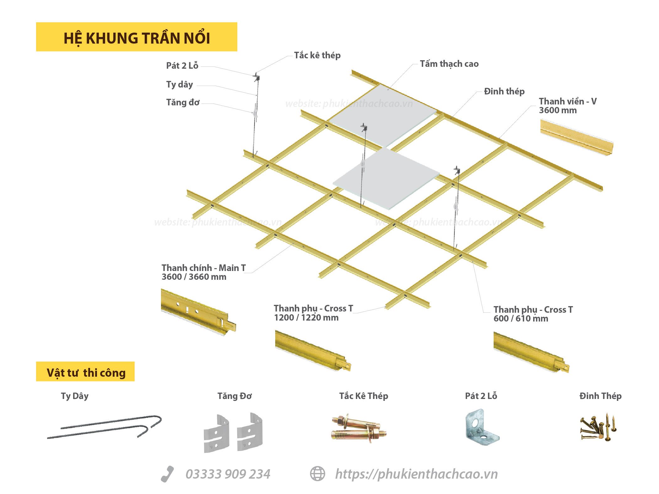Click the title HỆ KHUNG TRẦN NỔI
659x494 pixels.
(137, 38)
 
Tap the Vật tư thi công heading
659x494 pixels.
(86, 373)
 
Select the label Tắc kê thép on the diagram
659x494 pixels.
(317, 55)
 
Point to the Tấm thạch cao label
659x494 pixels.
(449, 64)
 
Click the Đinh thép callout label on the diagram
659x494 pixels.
(504, 91)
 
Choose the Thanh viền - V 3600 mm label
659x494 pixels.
(568, 106)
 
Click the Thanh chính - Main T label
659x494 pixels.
(204, 272)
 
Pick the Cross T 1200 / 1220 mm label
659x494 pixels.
(313, 313)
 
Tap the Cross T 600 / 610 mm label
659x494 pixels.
(533, 314)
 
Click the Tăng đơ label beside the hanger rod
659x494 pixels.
(183, 102)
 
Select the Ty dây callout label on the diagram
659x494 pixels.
(179, 84)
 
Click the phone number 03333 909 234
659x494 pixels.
(228, 474)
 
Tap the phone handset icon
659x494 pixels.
(167, 474)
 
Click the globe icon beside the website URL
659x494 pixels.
(318, 474)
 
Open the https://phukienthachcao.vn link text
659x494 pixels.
(416, 474)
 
